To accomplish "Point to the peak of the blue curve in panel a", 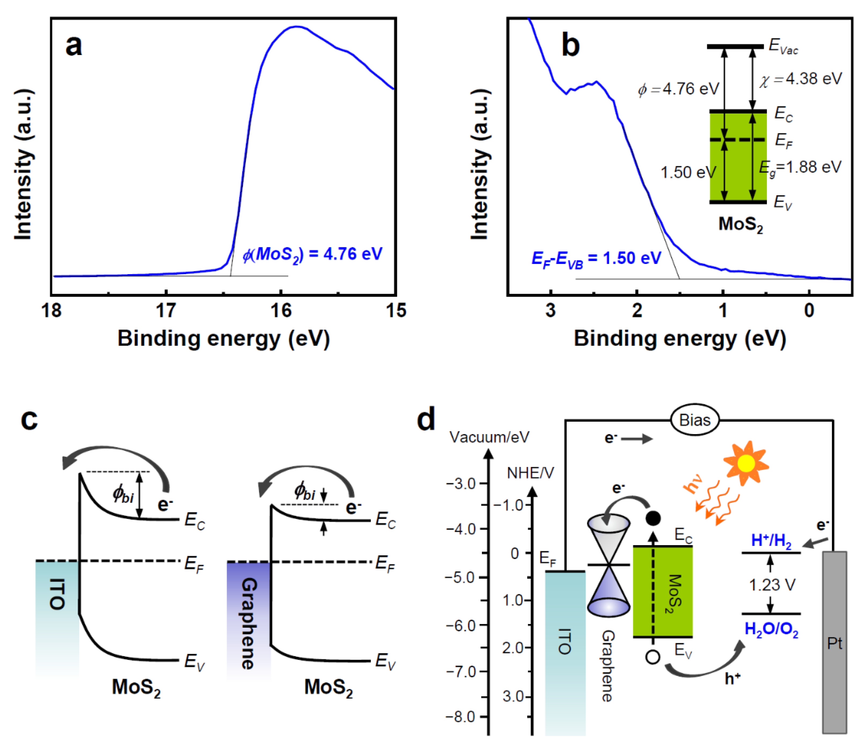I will [296, 27].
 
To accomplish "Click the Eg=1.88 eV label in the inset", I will [800, 168].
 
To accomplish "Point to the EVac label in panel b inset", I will [783, 46].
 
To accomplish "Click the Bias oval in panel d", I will [695, 420].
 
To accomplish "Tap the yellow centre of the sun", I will [746, 463].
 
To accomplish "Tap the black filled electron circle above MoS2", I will [653, 518].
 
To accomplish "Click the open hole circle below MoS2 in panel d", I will [653, 657].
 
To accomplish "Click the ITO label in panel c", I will [57, 594].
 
